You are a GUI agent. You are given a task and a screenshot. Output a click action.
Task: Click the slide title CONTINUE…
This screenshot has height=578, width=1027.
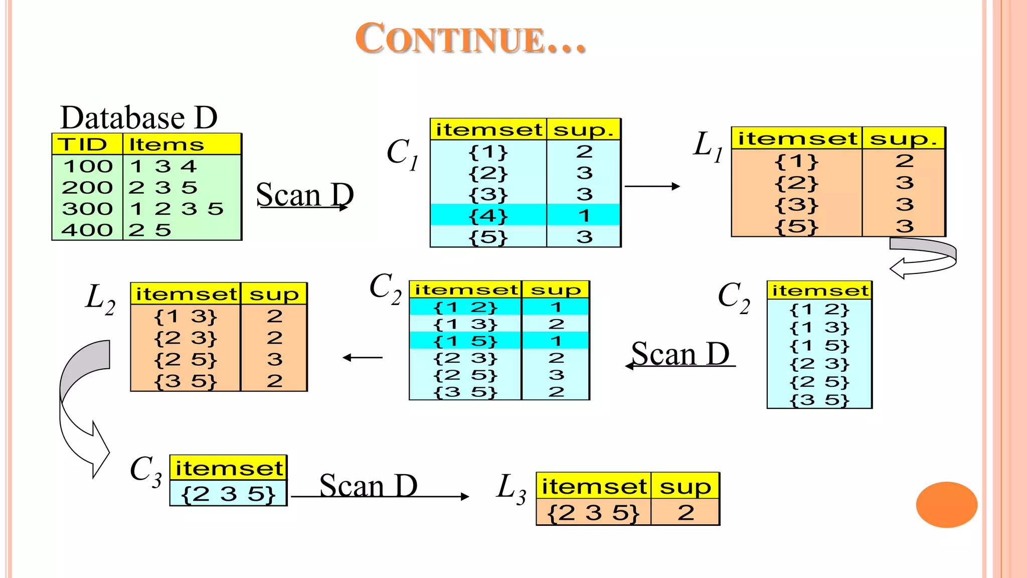click(470, 39)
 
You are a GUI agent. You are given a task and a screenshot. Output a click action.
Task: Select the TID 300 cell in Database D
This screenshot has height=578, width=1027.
click(87, 209)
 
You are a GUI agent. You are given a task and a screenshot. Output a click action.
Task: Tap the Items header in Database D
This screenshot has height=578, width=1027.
click(166, 144)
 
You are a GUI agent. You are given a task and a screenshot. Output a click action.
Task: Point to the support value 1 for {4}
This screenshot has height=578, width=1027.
click(584, 216)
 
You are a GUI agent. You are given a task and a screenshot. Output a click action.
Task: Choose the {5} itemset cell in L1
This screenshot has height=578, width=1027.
click(796, 226)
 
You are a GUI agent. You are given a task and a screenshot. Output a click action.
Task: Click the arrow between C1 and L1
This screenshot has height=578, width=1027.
click(652, 186)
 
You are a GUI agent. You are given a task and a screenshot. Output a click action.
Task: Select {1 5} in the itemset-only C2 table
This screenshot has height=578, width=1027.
click(819, 346)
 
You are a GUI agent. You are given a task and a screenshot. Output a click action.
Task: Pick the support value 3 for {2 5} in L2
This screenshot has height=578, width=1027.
click(274, 359)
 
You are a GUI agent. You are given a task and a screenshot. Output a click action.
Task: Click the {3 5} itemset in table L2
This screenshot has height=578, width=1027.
click(186, 381)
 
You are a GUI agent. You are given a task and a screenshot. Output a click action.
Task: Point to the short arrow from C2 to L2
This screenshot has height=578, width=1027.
click(363, 358)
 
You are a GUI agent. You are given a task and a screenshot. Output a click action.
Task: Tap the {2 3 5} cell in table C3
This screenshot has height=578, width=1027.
click(228, 494)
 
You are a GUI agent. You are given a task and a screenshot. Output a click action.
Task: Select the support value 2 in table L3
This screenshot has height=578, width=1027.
click(686, 513)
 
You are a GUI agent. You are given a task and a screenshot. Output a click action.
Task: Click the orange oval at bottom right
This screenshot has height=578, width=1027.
click(946, 504)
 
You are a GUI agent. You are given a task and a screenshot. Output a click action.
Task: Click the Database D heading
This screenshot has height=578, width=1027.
click(139, 117)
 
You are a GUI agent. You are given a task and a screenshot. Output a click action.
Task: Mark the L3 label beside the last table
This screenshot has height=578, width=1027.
click(511, 488)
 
